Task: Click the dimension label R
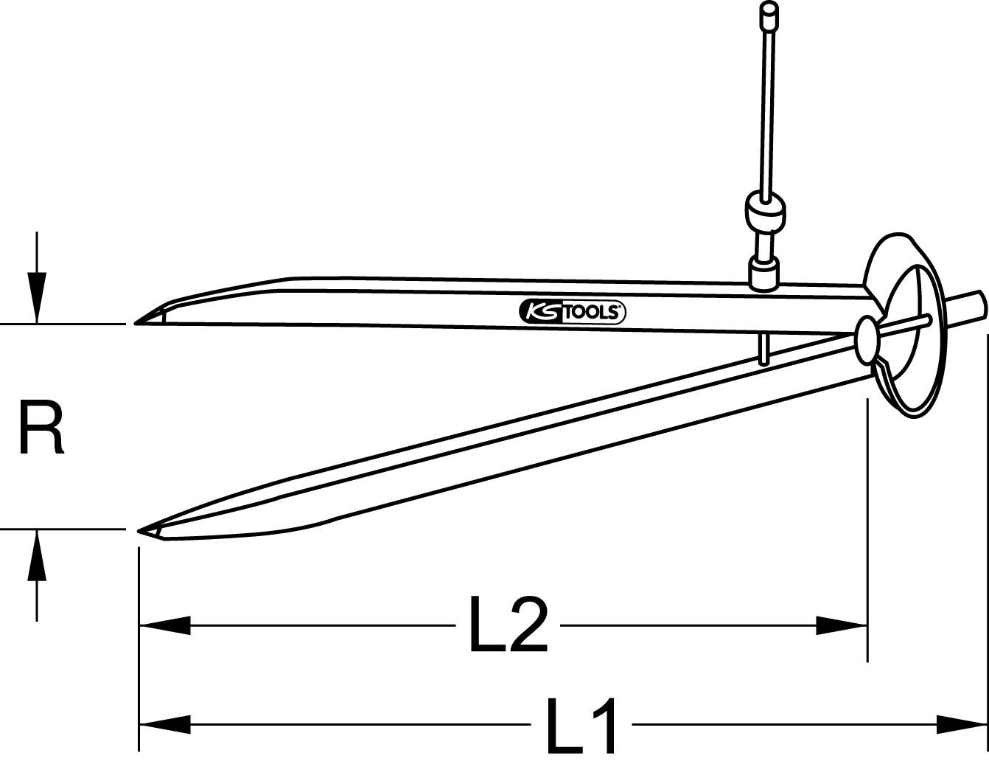pyautogui.click(x=41, y=428)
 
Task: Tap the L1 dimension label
pyautogui.click(x=581, y=727)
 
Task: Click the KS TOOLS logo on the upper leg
pyautogui.click(x=573, y=312)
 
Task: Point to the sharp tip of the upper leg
pyautogui.click(x=137, y=323)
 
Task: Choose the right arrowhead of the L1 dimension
pyautogui.click(x=962, y=724)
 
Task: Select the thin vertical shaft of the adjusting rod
pyautogui.click(x=768, y=111)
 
